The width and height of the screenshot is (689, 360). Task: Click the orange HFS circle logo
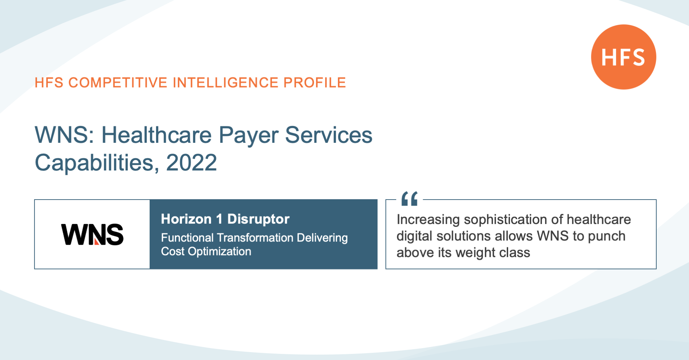tap(624, 57)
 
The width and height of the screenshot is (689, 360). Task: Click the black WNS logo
tap(92, 235)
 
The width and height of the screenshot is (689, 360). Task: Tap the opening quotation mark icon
tap(409, 198)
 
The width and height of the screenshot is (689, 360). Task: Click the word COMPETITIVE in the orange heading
tap(118, 83)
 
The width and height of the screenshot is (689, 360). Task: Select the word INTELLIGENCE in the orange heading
tap(226, 83)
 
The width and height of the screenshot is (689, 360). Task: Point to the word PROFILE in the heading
tap(315, 83)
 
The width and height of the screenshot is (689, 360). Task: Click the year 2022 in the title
tap(191, 163)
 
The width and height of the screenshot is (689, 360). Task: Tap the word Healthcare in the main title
tap(156, 135)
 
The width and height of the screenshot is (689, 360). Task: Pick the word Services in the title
tap(329, 135)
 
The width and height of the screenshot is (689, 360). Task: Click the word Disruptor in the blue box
tap(258, 219)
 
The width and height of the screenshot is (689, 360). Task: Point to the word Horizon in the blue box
tap(186, 219)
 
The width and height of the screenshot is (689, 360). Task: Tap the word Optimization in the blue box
tap(220, 252)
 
